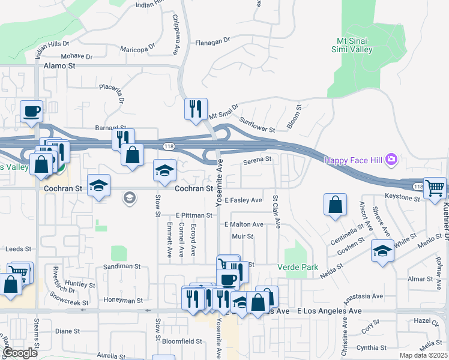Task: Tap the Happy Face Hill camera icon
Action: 391,160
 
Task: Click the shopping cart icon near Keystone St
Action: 434,188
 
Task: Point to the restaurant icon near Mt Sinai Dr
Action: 196,109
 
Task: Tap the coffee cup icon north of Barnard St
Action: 31,110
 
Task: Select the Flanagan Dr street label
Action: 212,42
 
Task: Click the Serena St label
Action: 258,160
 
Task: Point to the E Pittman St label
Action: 194,215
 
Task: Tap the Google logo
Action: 20,353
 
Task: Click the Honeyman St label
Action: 124,301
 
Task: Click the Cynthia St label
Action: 371,347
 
